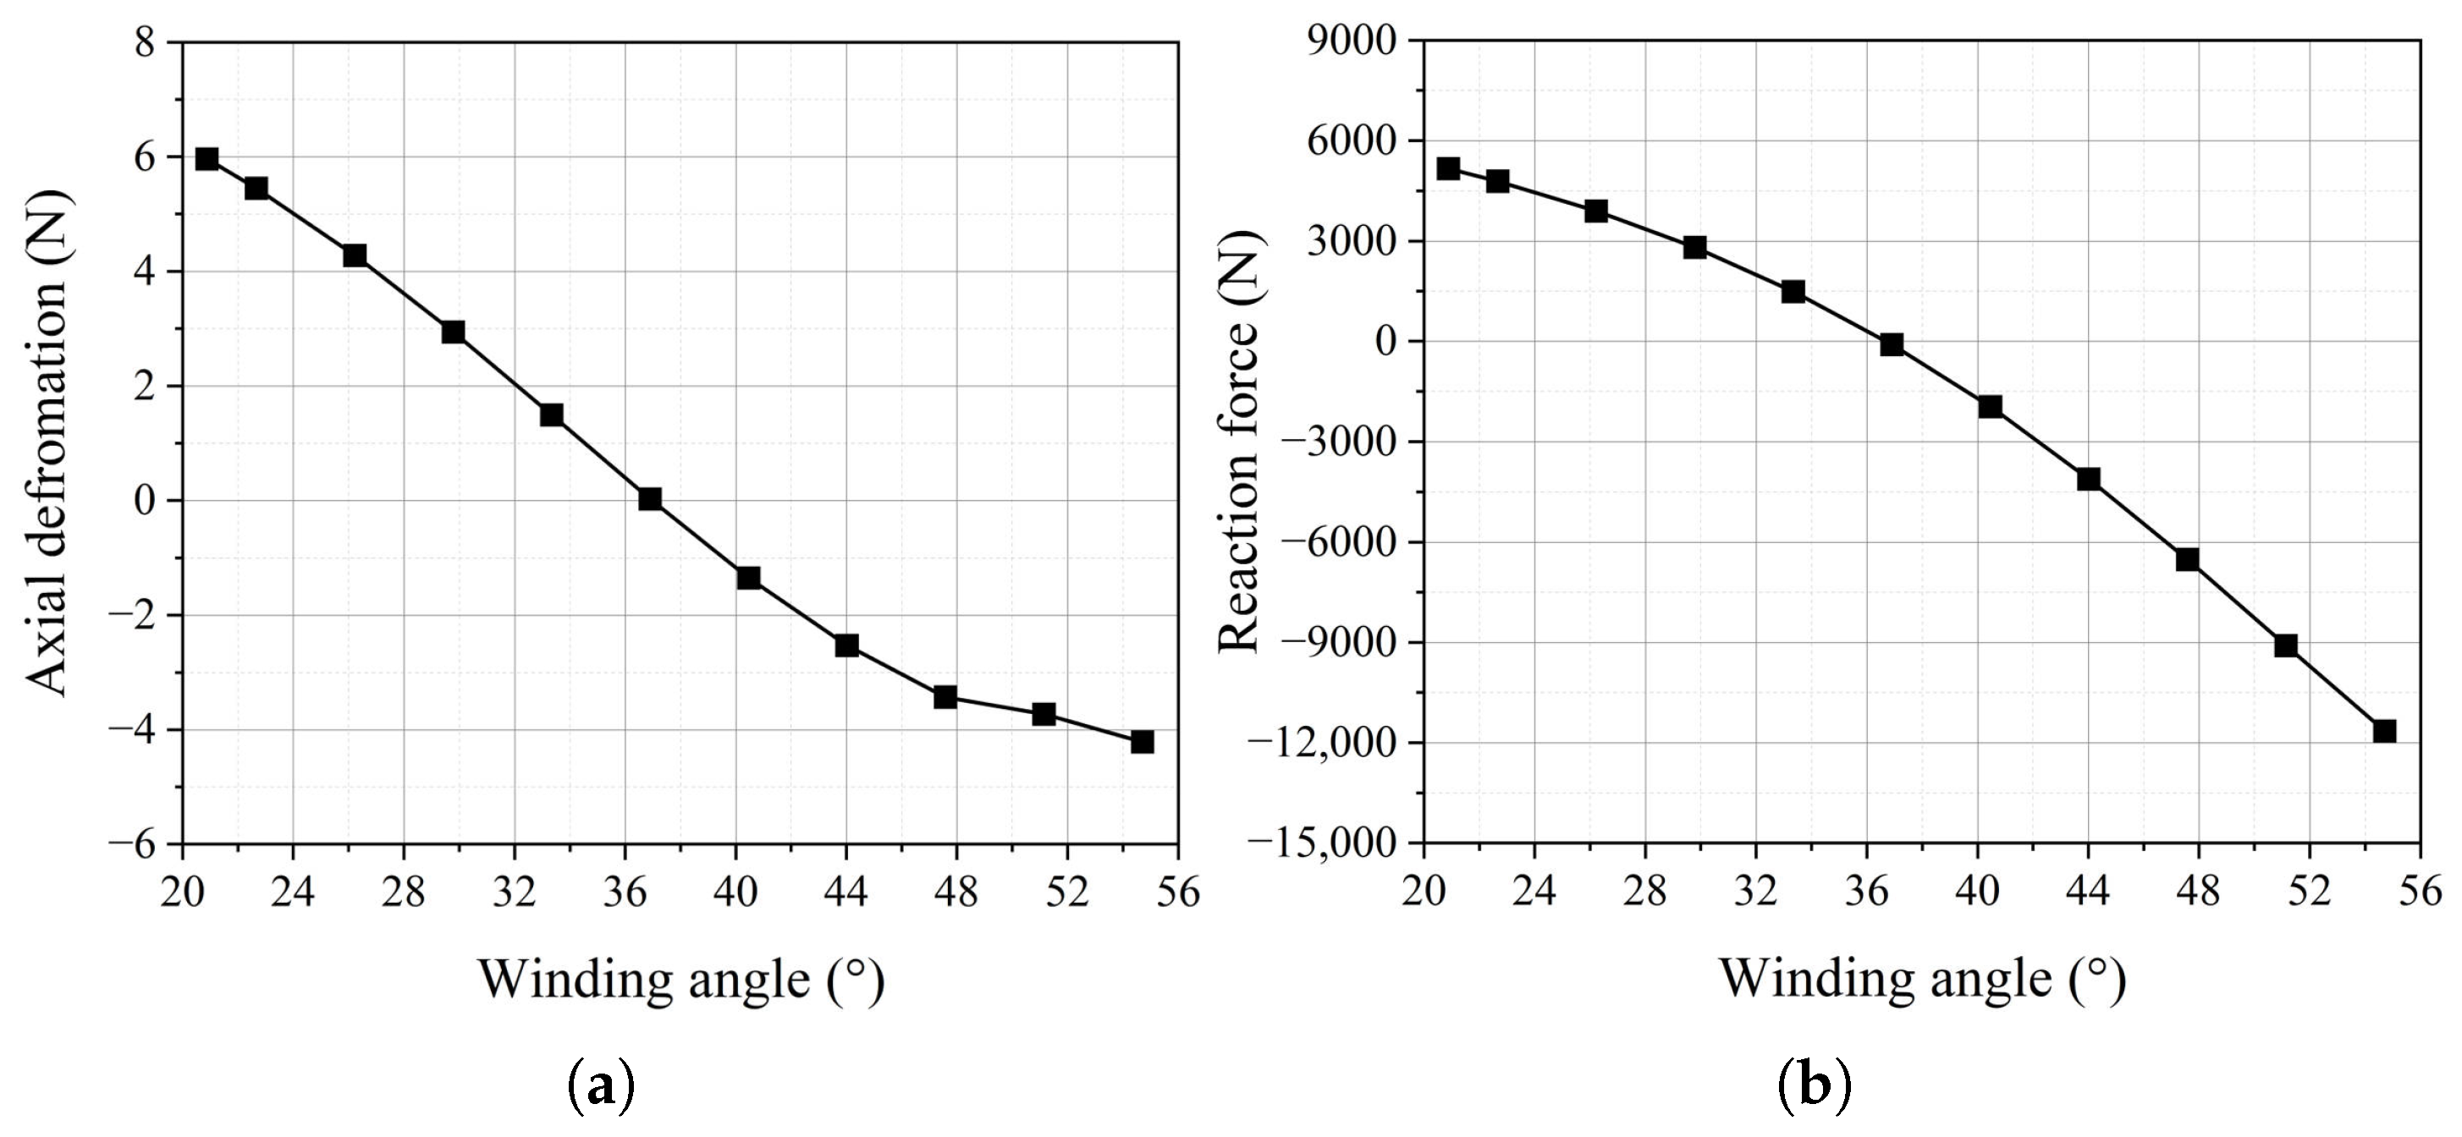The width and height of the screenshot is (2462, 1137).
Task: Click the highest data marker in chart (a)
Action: click(x=207, y=158)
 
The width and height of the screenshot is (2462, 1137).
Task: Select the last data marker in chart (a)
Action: click(x=1142, y=741)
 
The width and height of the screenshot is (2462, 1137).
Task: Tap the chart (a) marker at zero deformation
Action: click(x=650, y=499)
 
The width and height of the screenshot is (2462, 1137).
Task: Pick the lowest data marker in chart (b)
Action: click(x=2385, y=731)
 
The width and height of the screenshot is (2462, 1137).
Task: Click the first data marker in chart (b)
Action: click(x=1448, y=168)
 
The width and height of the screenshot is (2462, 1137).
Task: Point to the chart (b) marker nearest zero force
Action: click(x=1892, y=345)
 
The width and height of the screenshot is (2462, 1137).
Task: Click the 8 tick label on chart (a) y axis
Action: click(x=146, y=43)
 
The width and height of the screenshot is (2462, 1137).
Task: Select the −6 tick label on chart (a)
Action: click(x=133, y=844)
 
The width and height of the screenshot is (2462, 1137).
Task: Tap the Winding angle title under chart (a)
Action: click(x=680, y=980)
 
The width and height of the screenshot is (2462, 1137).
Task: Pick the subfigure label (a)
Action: click(x=601, y=1086)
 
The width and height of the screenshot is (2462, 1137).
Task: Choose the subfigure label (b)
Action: click(x=1815, y=1086)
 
